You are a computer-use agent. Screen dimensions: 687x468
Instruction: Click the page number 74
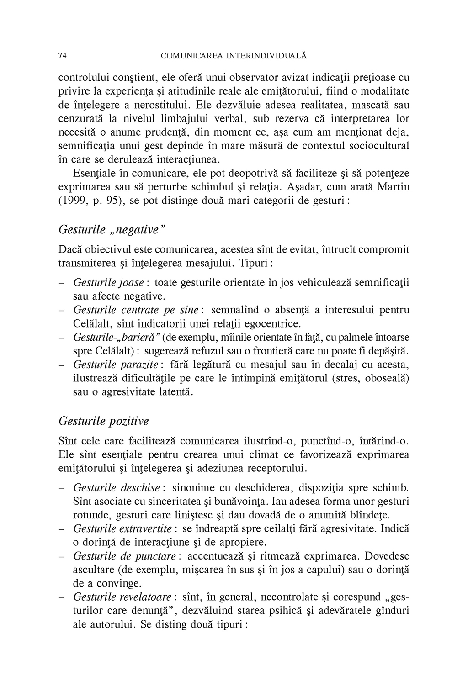pos(63,56)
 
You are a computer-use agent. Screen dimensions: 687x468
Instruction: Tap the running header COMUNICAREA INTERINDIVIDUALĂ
pos(234,56)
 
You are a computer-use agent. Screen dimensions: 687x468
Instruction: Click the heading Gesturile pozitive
pos(104,421)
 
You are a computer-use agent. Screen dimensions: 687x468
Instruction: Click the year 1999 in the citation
pos(73,201)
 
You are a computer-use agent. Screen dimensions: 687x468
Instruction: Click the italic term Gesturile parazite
pos(116,365)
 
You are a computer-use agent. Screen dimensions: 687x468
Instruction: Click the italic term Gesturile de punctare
pos(124,556)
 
